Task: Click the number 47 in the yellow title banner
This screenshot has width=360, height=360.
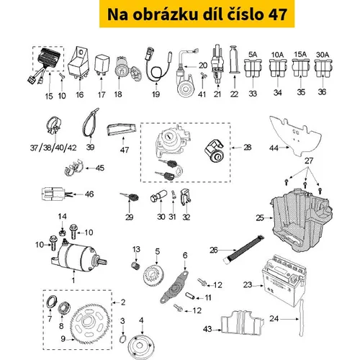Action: pos(277,14)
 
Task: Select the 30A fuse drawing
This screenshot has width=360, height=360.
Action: pos(323,68)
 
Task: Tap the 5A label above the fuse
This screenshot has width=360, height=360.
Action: pos(253,55)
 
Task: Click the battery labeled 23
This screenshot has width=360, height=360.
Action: pos(284,280)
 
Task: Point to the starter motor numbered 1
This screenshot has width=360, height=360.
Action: pos(78,255)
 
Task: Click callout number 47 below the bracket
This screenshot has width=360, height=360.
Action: pos(125,150)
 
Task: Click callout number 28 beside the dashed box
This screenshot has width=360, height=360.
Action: pos(248,148)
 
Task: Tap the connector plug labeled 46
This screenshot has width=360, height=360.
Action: pos(53,194)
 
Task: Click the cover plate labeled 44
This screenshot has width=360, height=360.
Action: pos(296,135)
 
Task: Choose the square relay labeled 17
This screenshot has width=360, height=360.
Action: pos(102,65)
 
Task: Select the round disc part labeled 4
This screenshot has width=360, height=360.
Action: pos(141,346)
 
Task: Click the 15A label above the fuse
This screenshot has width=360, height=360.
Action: pos(300,55)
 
